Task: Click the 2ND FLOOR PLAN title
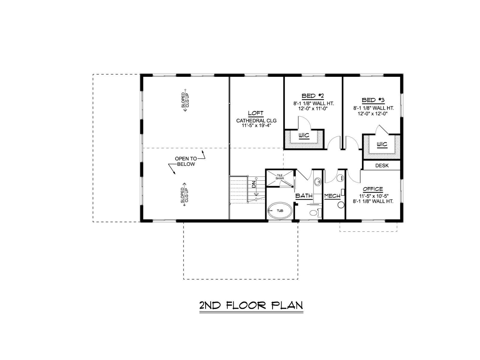(x=251, y=305)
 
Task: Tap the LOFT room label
(x=256, y=113)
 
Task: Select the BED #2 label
(x=313, y=96)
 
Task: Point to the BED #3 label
(x=373, y=100)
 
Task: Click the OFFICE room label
(x=373, y=189)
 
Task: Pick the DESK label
(x=382, y=166)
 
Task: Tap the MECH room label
(x=332, y=196)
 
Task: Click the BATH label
(x=304, y=196)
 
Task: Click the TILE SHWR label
(x=280, y=177)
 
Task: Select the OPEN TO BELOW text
(x=186, y=161)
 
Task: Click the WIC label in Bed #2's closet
(x=304, y=136)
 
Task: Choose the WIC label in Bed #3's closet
(x=382, y=144)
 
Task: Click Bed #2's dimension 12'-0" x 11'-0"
(x=313, y=108)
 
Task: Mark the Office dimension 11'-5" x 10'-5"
(x=373, y=196)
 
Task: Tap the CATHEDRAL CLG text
(x=256, y=120)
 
